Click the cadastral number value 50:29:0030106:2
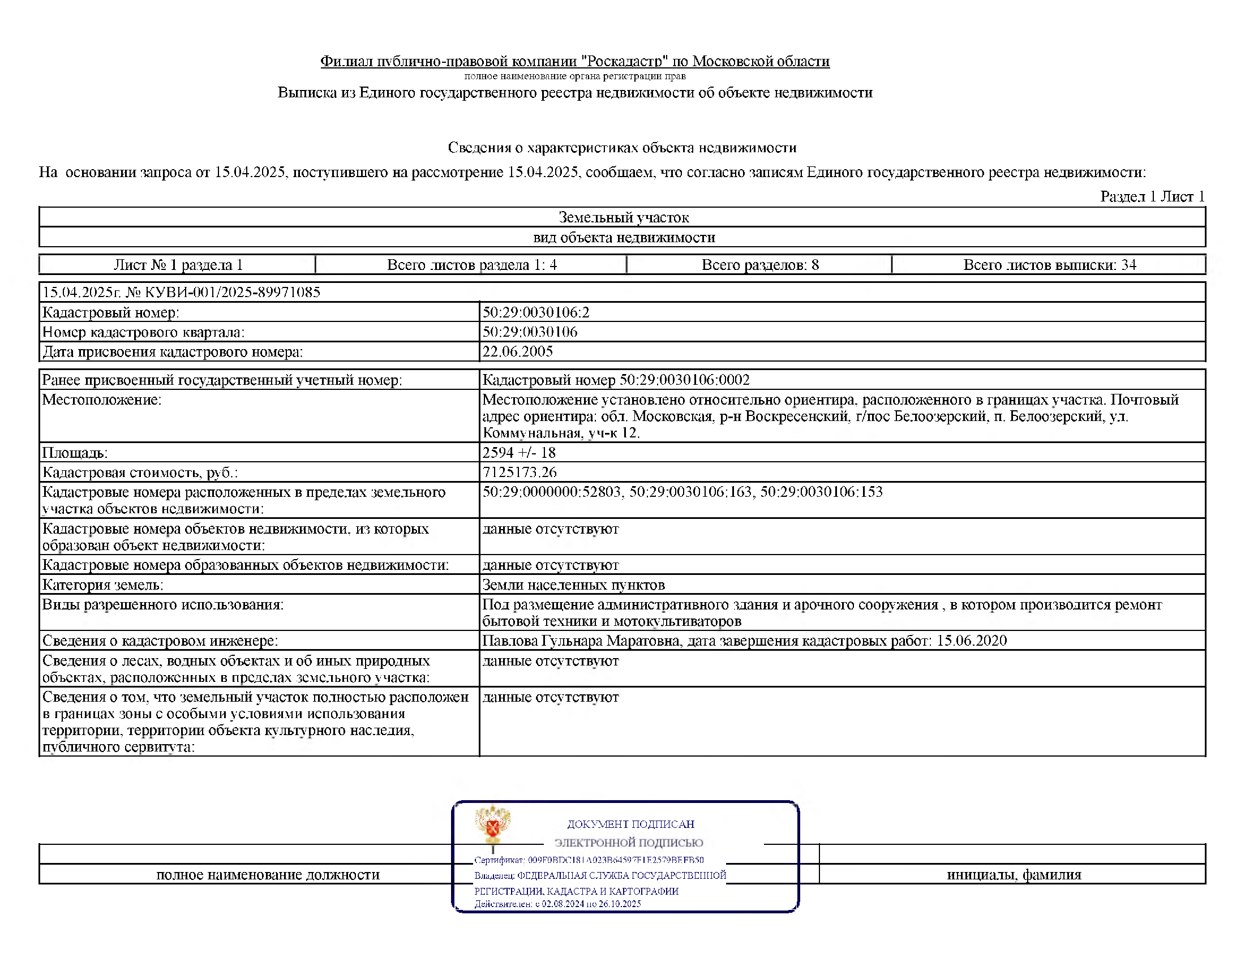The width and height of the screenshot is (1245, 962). (536, 312)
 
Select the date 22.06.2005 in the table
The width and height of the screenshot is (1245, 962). (518, 351)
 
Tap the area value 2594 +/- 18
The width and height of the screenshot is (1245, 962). (519, 453)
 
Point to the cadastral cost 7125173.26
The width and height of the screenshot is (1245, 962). (520, 472)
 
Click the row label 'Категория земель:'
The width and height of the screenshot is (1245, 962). (102, 585)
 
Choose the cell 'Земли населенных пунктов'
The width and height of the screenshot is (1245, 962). (573, 585)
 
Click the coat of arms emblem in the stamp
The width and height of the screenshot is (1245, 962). (493, 824)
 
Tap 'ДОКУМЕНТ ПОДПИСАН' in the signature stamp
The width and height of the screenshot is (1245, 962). (630, 824)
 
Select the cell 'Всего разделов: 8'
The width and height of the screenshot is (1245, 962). (760, 265)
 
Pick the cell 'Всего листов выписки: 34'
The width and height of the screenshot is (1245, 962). (1049, 265)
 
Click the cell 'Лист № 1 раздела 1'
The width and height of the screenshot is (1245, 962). (178, 265)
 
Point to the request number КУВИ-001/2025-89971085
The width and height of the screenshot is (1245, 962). (233, 293)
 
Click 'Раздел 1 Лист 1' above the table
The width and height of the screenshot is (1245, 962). (1152, 196)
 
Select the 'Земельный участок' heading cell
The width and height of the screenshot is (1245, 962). (623, 217)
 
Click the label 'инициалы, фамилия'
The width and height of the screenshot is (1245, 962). (1014, 874)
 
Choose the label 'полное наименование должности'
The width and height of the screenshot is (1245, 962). (268, 874)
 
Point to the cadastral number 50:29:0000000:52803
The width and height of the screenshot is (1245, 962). (551, 492)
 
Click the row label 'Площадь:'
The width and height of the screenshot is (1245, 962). (75, 453)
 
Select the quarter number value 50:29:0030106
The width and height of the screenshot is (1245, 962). (530, 332)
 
